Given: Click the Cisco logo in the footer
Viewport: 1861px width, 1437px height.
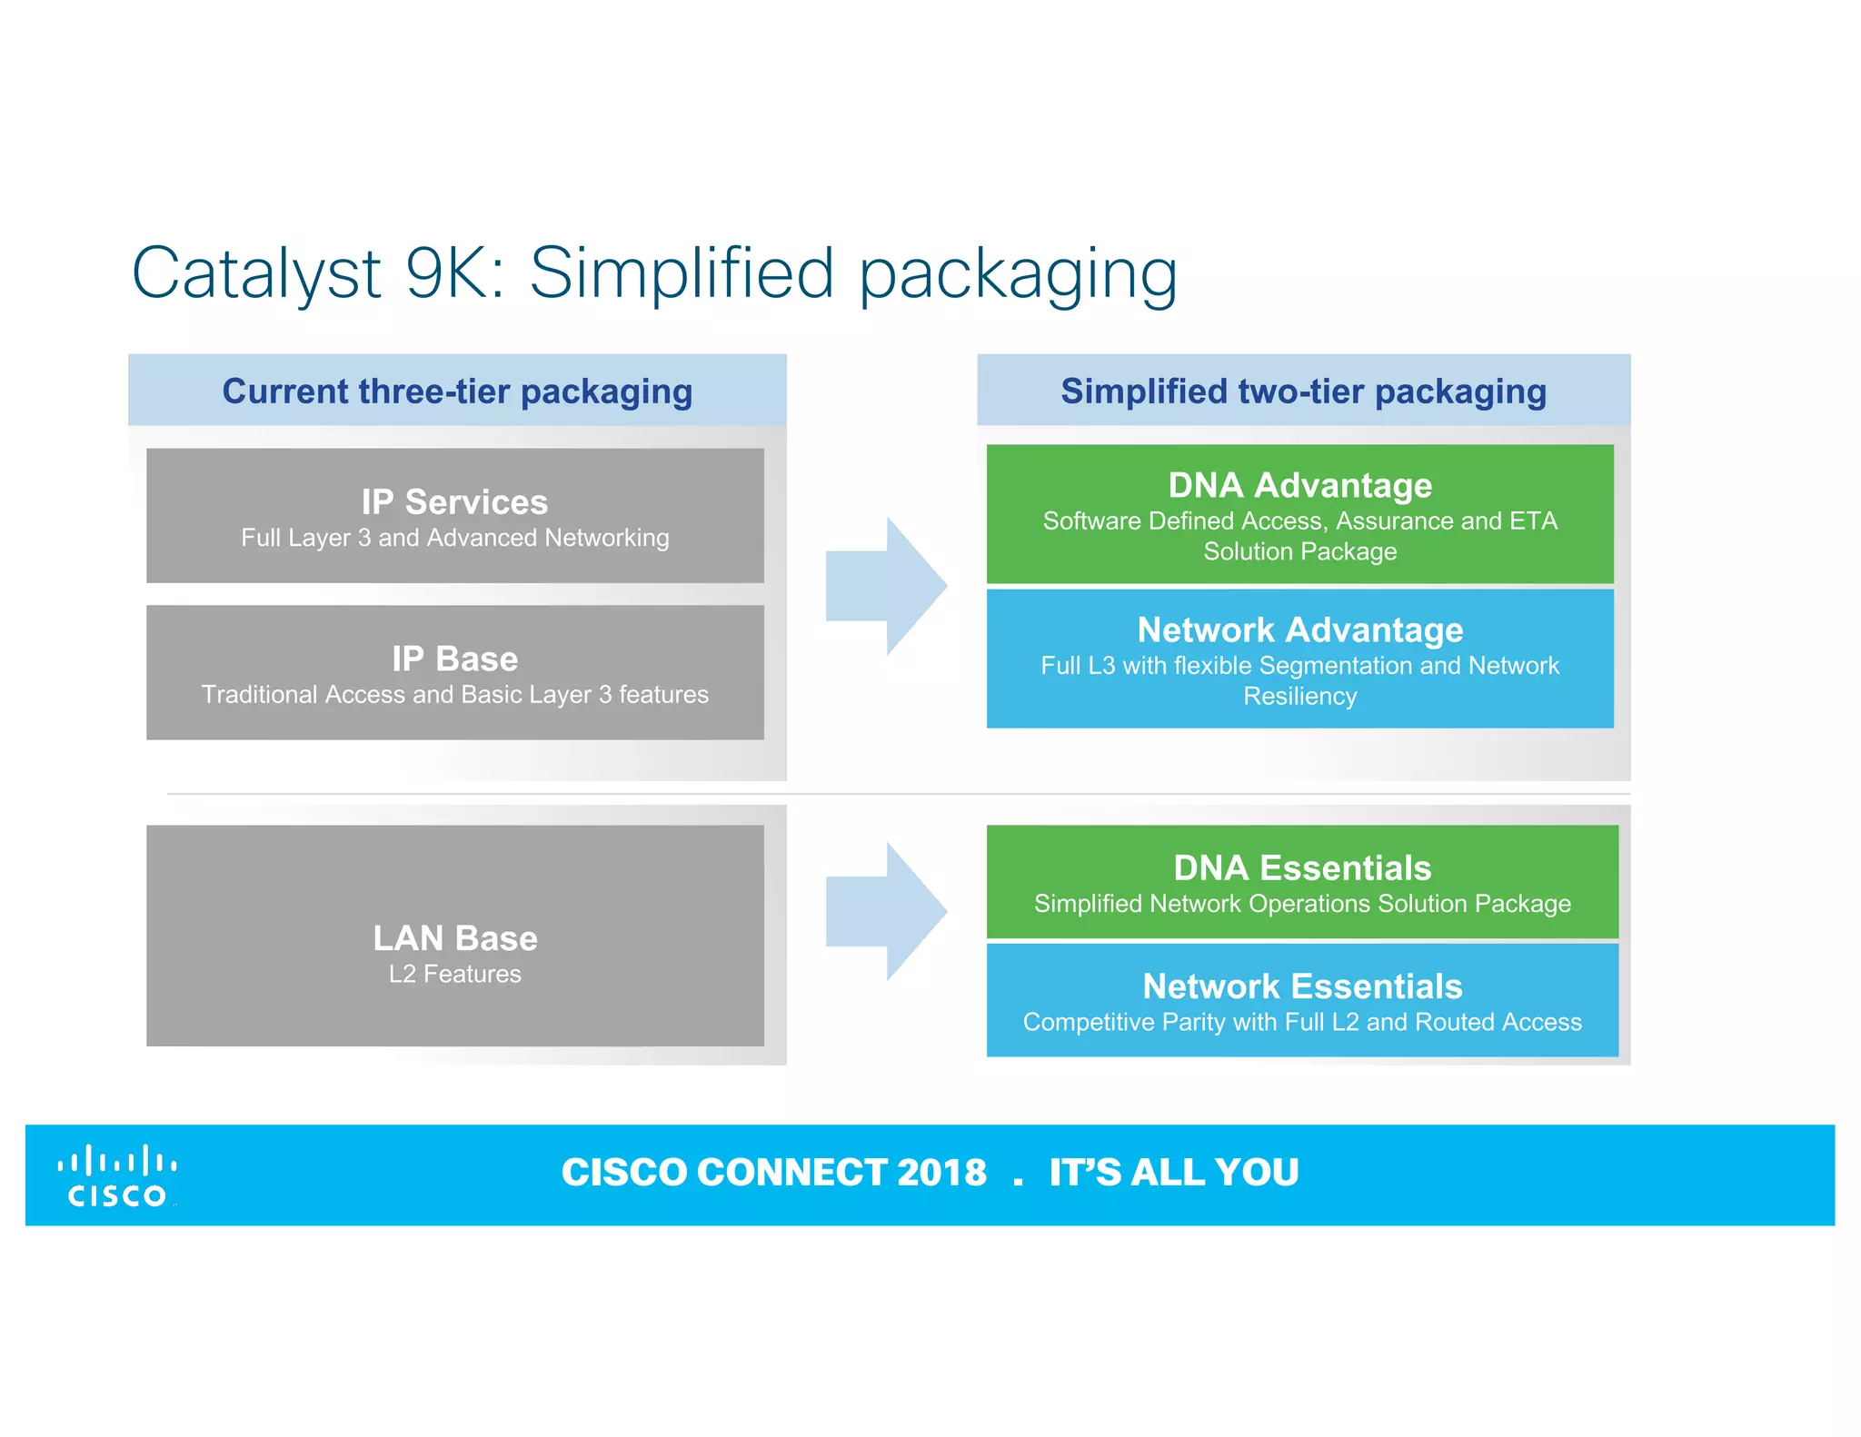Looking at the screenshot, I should click(x=117, y=1175).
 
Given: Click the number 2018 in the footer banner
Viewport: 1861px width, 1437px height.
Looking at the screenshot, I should click(x=940, y=1172).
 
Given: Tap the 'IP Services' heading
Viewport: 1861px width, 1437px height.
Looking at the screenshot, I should click(x=454, y=501).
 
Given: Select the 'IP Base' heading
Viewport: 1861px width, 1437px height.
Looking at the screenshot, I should click(x=454, y=659).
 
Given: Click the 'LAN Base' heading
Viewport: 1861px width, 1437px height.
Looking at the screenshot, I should click(x=454, y=937).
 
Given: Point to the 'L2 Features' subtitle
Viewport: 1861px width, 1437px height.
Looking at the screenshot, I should click(x=454, y=974).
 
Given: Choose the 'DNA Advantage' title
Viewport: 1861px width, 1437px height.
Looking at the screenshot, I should click(x=1299, y=485).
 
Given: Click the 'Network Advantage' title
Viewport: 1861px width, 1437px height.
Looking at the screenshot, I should click(x=1299, y=629).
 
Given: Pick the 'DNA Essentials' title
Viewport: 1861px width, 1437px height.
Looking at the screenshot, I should click(x=1301, y=867).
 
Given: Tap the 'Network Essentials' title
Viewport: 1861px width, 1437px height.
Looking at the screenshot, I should click(x=1301, y=986).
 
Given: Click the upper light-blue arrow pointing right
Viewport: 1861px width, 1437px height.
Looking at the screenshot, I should click(x=886, y=587).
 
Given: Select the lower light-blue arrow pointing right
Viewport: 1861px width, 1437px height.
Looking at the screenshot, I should click(x=886, y=911).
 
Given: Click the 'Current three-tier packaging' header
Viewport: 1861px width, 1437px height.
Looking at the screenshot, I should click(x=457, y=391).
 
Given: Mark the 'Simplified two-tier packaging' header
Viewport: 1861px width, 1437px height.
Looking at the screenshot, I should click(x=1303, y=391).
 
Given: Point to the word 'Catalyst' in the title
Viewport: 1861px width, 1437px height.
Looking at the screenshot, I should click(x=256, y=273).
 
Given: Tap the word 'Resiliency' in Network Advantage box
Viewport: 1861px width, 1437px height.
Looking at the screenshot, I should click(x=1299, y=696).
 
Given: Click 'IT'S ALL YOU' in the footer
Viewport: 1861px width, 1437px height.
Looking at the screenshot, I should click(x=1173, y=1172).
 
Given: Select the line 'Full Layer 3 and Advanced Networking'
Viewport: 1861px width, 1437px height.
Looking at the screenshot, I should click(x=454, y=538).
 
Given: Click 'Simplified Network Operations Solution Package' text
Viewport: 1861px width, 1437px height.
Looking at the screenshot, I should click(x=1301, y=904).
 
